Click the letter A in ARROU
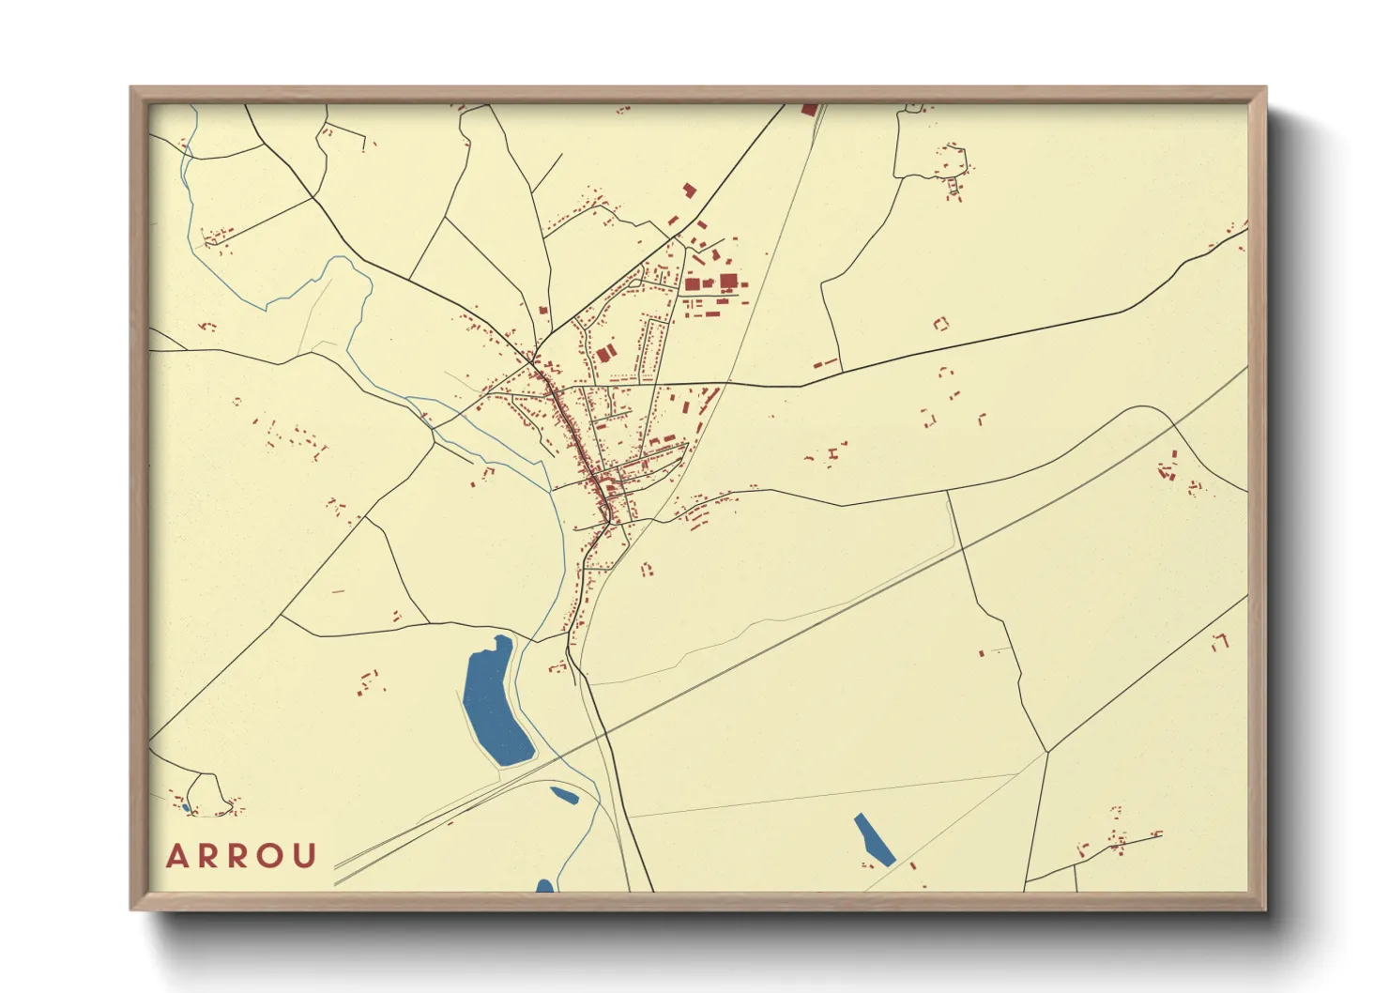tap(176, 856)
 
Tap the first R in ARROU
tap(208, 856)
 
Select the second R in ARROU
tap(240, 856)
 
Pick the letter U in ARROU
tap(305, 856)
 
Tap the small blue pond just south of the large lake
tap(564, 796)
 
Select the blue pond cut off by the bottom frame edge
tap(544, 885)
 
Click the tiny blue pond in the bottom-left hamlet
tap(186, 807)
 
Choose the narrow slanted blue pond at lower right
tap(874, 838)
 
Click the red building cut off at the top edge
tap(809, 110)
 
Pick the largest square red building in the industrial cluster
tap(728, 281)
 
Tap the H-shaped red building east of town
tap(832, 454)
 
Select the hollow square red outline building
tap(940, 324)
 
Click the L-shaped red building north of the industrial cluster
tap(689, 191)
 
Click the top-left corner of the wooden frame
tap(131, 88)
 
